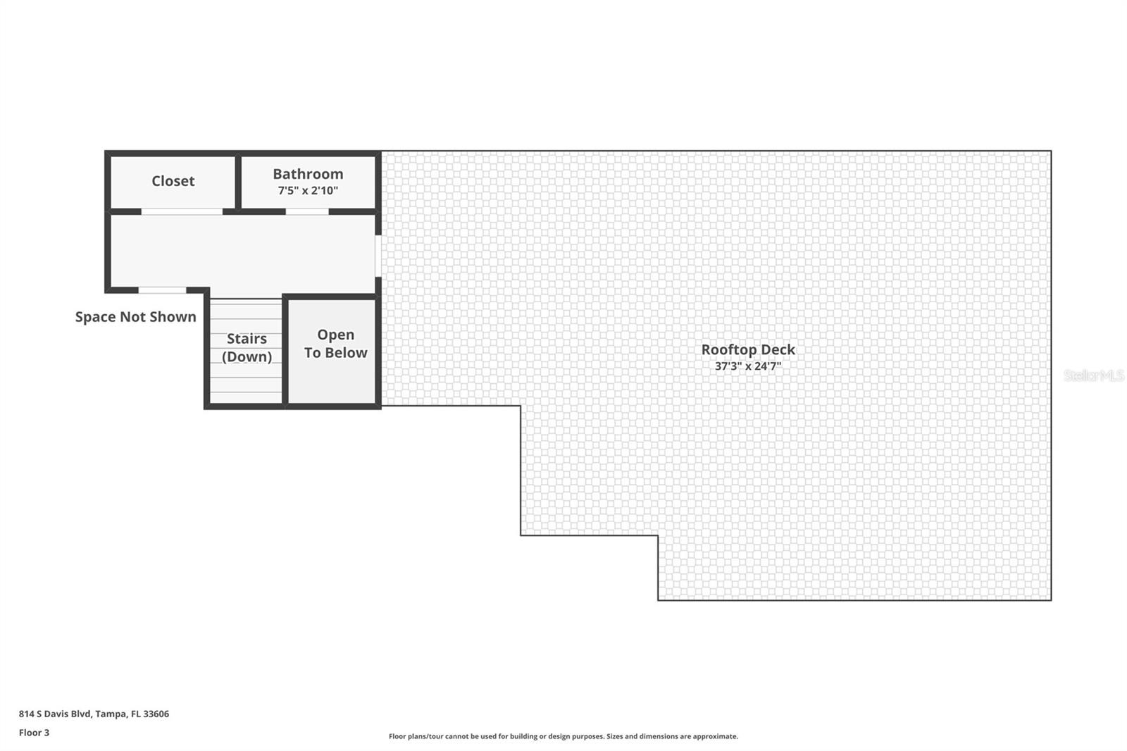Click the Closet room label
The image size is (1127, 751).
pyautogui.click(x=173, y=181)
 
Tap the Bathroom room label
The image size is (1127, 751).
pyautogui.click(x=308, y=174)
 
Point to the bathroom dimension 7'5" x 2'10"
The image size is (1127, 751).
pyautogui.click(x=308, y=191)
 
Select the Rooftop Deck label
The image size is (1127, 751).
pyautogui.click(x=747, y=349)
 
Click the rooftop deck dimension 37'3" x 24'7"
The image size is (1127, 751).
pyautogui.click(x=747, y=366)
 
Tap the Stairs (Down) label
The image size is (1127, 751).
pyautogui.click(x=247, y=347)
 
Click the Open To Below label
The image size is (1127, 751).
pyautogui.click(x=335, y=344)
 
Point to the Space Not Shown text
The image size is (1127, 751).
pyautogui.click(x=135, y=317)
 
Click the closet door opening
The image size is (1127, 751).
pyautogui.click(x=182, y=211)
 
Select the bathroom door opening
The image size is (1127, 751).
pyautogui.click(x=307, y=211)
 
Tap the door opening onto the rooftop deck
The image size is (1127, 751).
pyautogui.click(x=378, y=255)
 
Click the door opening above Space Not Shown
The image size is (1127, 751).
pyautogui.click(x=162, y=290)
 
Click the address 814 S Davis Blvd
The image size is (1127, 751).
pyautogui.click(x=55, y=714)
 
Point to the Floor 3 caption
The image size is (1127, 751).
pyautogui.click(x=34, y=733)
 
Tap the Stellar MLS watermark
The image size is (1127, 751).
pyautogui.click(x=1093, y=375)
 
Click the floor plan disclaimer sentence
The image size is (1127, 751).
pyautogui.click(x=563, y=736)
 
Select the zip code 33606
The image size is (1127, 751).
pyautogui.click(x=156, y=714)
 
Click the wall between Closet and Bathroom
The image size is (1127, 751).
pyautogui.click(x=238, y=182)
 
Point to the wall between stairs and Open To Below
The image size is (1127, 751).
pyautogui.click(x=285, y=351)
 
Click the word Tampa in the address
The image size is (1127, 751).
pyautogui.click(x=111, y=714)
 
